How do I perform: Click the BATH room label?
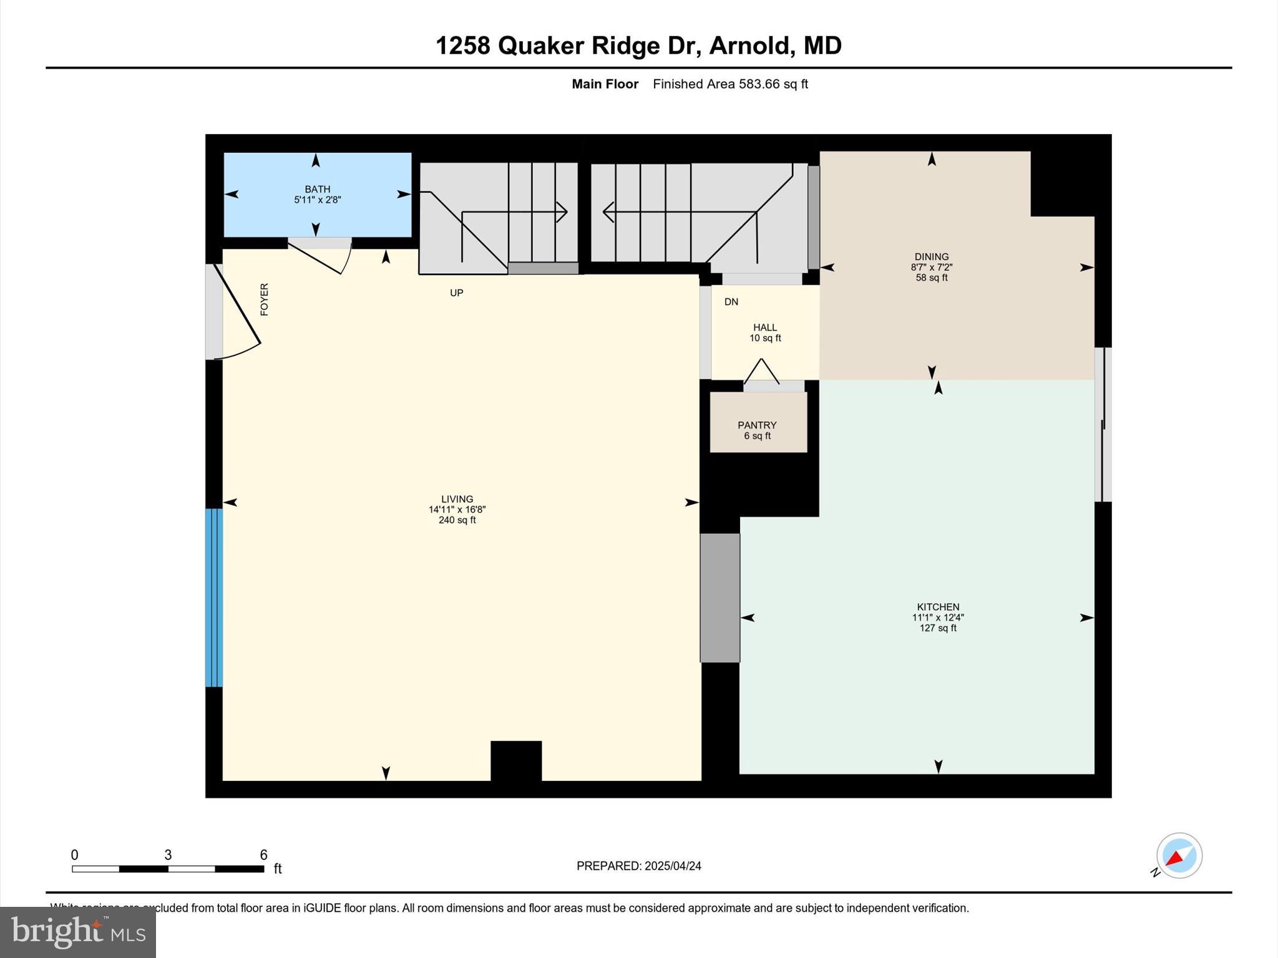coord(317,189)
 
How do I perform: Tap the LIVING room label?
coord(457,499)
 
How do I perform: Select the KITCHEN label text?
coord(938,607)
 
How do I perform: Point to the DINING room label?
coord(931,256)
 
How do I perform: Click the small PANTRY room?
coord(758,424)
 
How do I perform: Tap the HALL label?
coord(765,327)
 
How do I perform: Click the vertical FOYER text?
coord(264,299)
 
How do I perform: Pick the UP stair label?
coord(457,293)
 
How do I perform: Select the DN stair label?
coord(731,302)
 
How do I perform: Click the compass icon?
coord(1179,856)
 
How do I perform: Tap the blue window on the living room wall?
coord(214,598)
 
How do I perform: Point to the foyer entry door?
coord(237,312)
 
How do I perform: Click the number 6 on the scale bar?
coord(263,855)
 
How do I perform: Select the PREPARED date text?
coord(638,866)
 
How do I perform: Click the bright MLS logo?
coord(78,932)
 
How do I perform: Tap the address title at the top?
coord(638,46)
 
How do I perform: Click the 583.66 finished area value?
coord(759,84)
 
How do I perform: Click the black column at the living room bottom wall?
coord(516,760)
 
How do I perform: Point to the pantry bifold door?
coord(762,372)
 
